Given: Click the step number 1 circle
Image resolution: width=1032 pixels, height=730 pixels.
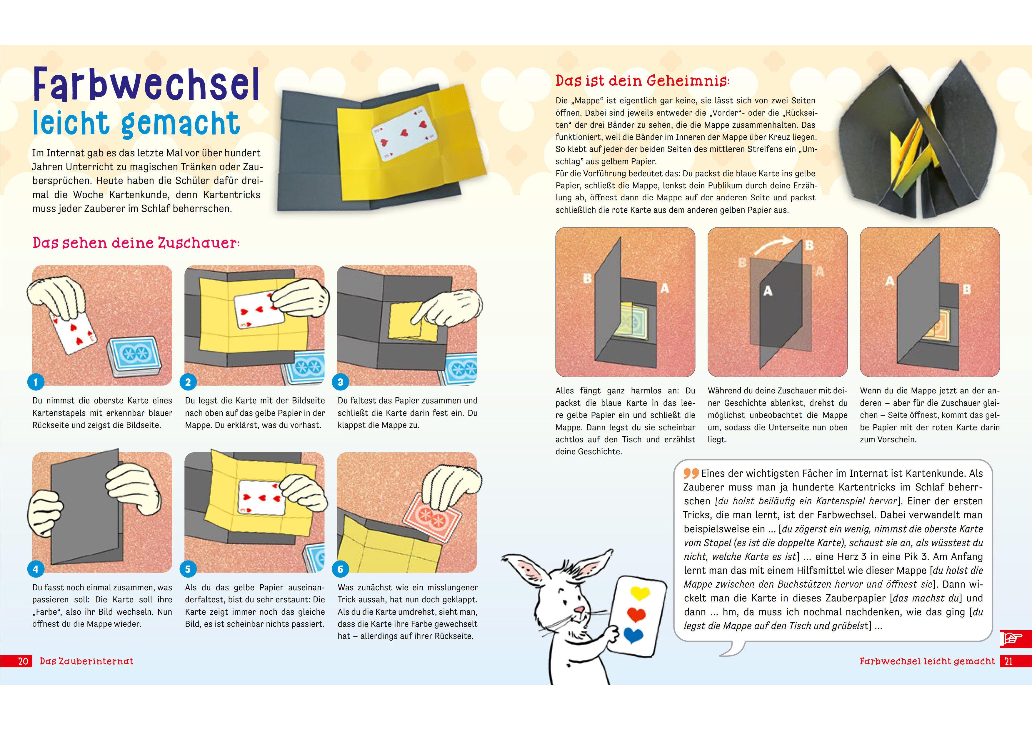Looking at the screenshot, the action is (36, 382).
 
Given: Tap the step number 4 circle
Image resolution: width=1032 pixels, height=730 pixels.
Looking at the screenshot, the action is (36, 569).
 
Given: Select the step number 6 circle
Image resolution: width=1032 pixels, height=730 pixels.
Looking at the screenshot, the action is (340, 569).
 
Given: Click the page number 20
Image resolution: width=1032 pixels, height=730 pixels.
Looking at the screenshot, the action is (23, 661).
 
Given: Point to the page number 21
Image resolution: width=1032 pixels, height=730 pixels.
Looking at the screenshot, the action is (1009, 661).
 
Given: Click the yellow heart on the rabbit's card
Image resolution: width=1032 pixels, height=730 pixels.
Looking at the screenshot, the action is (640, 593).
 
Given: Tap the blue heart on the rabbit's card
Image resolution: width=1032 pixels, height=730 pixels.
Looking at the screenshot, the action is (633, 635).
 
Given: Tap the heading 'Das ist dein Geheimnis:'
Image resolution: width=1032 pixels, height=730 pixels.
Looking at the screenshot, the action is (642, 81).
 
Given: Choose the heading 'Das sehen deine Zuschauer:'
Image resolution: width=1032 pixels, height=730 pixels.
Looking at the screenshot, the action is (136, 243).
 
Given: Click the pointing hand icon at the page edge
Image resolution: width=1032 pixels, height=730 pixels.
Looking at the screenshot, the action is (1011, 638).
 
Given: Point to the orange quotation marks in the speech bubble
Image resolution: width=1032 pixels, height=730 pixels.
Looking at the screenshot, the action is (691, 474).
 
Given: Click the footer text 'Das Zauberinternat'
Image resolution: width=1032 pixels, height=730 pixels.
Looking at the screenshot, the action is (86, 661).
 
